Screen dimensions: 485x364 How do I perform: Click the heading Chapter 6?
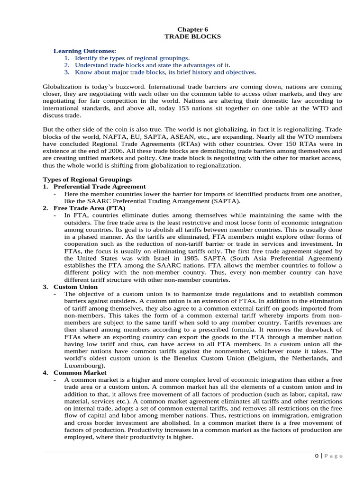[x=192, y=29]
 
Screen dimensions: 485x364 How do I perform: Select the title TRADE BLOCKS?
[x=192, y=36]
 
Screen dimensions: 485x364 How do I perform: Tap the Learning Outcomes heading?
[x=84, y=51]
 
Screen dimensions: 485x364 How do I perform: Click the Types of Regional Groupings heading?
[x=87, y=180]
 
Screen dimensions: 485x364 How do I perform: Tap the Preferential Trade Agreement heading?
[x=100, y=187]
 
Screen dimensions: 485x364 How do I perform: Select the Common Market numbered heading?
[x=80, y=373]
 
